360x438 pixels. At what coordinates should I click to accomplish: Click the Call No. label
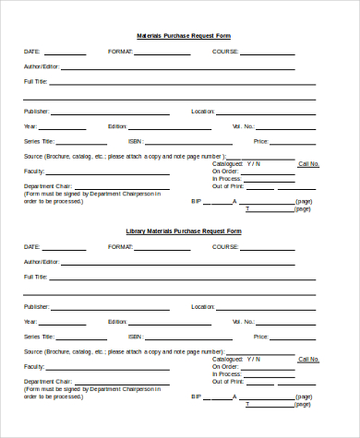308,164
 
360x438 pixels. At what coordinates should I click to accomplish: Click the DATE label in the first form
31,52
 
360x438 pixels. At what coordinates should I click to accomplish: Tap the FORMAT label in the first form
121,52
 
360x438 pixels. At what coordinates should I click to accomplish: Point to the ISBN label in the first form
135,141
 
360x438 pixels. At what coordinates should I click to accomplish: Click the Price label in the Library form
260,337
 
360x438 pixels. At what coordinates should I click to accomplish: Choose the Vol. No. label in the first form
243,126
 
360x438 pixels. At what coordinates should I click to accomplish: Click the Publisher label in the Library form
36,306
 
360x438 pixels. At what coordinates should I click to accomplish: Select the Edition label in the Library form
117,321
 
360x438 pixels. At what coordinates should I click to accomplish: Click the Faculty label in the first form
34,172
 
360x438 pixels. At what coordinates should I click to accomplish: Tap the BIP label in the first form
196,201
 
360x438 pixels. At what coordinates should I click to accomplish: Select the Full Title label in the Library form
35,277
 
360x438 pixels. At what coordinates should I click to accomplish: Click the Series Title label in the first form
38,141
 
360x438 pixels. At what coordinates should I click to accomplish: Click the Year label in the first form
30,126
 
